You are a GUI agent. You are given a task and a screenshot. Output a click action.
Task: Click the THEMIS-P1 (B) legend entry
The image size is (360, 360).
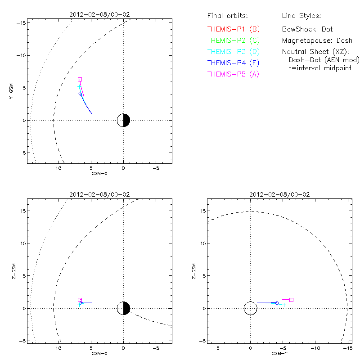(x=234, y=29)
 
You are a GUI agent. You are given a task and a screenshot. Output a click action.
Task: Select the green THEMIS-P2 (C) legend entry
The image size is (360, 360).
(x=234, y=40)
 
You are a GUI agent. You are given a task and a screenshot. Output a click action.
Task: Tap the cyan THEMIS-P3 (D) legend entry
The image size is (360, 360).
(x=234, y=52)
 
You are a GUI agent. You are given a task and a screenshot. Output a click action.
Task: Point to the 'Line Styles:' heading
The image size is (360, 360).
(x=301, y=16)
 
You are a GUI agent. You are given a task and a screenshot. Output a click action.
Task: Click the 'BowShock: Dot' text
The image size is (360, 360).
(x=307, y=29)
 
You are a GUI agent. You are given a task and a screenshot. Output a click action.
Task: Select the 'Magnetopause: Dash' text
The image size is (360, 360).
(x=317, y=40)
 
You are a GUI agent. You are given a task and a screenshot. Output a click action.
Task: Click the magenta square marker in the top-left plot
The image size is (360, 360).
(x=80, y=79)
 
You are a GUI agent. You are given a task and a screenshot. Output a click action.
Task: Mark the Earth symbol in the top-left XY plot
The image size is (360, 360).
(x=123, y=120)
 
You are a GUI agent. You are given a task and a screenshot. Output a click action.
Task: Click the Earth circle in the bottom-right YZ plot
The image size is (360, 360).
(x=251, y=308)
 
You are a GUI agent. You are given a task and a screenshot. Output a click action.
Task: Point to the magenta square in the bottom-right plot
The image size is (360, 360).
(x=291, y=300)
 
